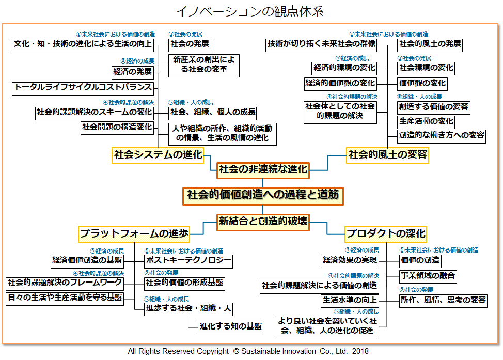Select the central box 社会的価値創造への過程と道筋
263,195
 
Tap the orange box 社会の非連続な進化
263,169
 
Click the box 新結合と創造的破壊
263,222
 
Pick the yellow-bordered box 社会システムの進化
158,154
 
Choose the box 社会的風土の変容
388,154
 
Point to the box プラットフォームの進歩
134,233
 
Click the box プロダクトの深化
386,233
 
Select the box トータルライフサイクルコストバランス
83,88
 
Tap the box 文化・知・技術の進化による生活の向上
83,44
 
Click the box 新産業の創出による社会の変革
203,65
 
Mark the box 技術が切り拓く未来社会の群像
321,44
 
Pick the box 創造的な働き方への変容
442,135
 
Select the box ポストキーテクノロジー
188,260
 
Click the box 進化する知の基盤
231,326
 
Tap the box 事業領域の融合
428,276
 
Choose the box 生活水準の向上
350,300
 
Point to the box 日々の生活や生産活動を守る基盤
65,298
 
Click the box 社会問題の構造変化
117,127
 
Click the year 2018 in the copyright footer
360,351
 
